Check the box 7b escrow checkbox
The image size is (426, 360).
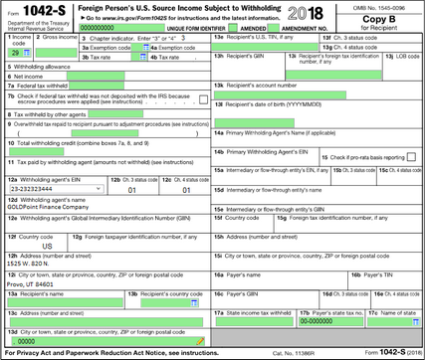(203, 99)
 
